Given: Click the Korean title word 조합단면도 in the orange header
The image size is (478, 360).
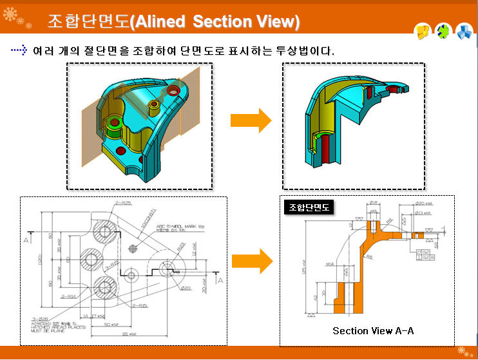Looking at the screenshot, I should (88, 22).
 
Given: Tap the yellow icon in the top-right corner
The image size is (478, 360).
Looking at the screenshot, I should (422, 30).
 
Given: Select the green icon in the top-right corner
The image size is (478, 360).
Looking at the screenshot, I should (443, 30).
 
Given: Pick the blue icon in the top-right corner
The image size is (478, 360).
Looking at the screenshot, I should (464, 30).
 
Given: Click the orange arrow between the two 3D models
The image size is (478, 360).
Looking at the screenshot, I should (251, 120).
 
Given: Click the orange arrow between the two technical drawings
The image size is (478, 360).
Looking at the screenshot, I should (251, 261).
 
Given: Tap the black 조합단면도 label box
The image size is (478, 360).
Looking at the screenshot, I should (308, 207).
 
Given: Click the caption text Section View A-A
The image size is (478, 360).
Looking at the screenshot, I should (373, 330).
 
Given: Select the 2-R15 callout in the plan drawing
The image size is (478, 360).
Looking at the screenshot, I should (139, 306).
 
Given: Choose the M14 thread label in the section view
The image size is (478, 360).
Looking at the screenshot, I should (329, 264).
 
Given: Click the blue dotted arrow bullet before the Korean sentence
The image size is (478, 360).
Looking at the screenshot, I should (20, 49).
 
